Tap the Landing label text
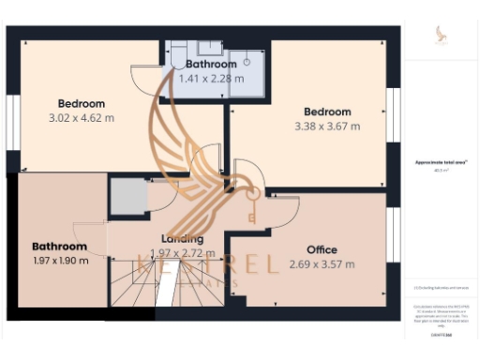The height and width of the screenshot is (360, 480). click(x=182, y=238)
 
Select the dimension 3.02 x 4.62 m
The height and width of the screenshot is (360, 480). click(x=81, y=118)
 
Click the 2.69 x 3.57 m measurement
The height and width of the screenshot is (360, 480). click(x=322, y=264)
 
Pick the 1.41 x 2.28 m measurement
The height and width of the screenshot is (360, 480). click(x=211, y=78)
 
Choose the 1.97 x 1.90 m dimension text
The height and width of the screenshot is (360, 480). click(x=60, y=261)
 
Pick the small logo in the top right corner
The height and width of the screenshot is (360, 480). click(x=441, y=36)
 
